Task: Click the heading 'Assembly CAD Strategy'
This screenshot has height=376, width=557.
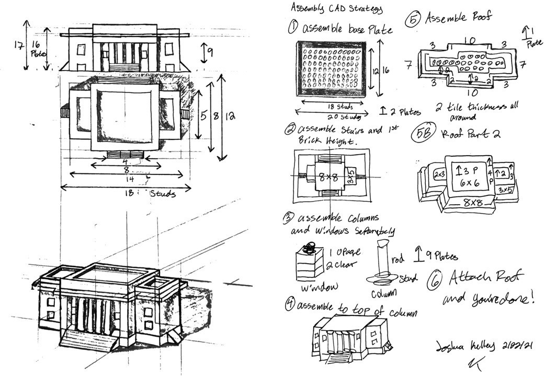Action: pos(336,8)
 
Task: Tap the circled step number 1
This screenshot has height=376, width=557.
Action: pos(293,26)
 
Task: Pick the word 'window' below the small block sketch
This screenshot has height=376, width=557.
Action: pos(316,286)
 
